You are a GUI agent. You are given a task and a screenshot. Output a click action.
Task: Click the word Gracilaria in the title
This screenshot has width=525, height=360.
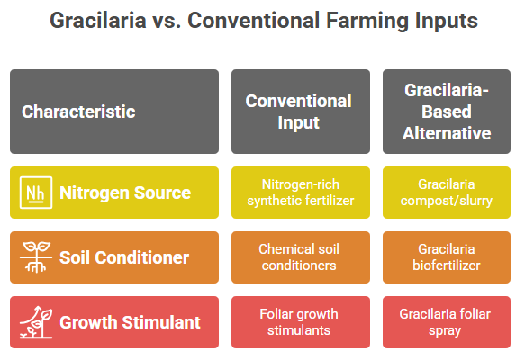click(98, 21)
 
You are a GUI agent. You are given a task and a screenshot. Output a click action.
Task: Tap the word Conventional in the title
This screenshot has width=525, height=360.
click(253, 21)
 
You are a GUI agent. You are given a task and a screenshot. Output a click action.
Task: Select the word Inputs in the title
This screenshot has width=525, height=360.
click(447, 21)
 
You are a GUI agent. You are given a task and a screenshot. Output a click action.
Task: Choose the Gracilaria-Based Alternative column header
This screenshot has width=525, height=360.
click(447, 112)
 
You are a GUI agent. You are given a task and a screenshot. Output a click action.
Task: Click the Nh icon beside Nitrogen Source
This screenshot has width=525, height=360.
click(36, 193)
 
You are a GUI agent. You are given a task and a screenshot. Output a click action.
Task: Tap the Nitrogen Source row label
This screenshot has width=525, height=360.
click(125, 193)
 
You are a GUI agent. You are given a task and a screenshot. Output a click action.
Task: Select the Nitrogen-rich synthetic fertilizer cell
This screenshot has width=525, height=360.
click(301, 193)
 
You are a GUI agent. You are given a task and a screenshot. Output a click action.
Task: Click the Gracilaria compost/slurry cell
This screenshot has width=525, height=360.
click(447, 193)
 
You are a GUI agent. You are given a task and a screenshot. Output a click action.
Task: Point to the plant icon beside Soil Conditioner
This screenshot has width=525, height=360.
click(36, 257)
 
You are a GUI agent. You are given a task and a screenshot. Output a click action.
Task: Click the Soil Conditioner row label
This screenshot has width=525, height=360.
click(124, 257)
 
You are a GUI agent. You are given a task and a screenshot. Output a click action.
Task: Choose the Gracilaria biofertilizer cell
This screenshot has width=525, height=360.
click(447, 257)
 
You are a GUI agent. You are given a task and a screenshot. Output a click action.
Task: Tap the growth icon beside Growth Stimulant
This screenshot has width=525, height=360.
click(36, 322)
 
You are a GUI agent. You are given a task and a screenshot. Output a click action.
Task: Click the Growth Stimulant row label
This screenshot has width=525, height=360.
click(130, 322)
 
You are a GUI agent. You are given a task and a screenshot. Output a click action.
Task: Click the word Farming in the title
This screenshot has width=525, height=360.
click(367, 21)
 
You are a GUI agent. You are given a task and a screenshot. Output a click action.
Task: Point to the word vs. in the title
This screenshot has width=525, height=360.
click(167, 21)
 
